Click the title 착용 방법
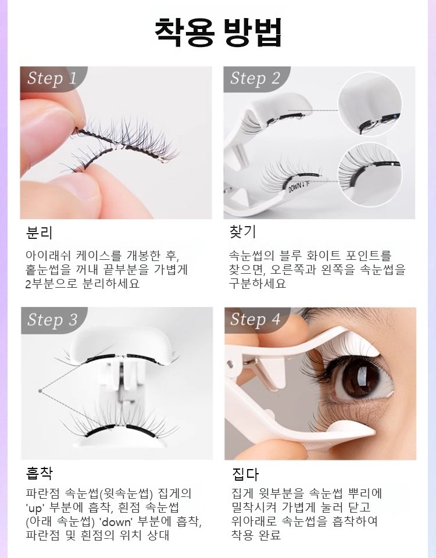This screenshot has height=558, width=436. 218,32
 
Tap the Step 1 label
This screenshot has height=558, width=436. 52,78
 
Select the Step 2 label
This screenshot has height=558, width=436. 255,78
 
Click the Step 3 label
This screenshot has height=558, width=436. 52,319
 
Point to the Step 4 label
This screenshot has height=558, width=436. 255,319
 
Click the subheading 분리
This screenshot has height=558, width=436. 39,233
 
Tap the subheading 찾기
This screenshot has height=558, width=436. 243,231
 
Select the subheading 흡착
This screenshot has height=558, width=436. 39,473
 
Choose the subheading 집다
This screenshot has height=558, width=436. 245,474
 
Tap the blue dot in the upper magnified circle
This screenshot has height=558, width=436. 395,116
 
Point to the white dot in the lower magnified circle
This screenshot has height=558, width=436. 391,164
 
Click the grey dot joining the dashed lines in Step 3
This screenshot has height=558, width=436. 40,391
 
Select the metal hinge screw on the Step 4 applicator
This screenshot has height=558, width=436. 230,364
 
